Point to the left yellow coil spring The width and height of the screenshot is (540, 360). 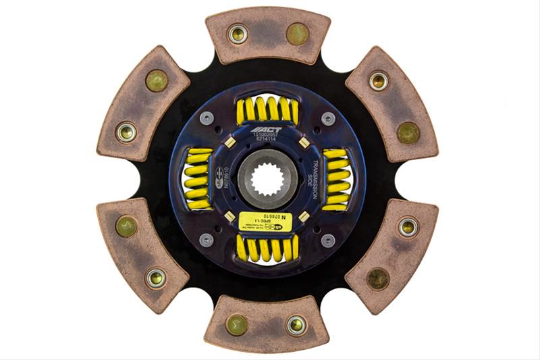point(198,180)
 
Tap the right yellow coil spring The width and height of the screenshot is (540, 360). point(337,179)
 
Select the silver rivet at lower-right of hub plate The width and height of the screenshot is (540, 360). point(328,240)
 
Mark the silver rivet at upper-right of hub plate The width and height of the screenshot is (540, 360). point(328,120)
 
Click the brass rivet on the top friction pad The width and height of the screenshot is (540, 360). point(297,33)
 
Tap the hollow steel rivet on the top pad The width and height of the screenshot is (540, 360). point(238,33)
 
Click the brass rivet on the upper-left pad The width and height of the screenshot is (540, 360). point(157,81)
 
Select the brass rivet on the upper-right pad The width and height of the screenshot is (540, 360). point(408,132)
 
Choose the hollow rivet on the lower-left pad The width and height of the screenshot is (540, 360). point(157,278)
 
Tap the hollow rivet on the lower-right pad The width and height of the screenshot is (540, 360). point(408,227)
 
